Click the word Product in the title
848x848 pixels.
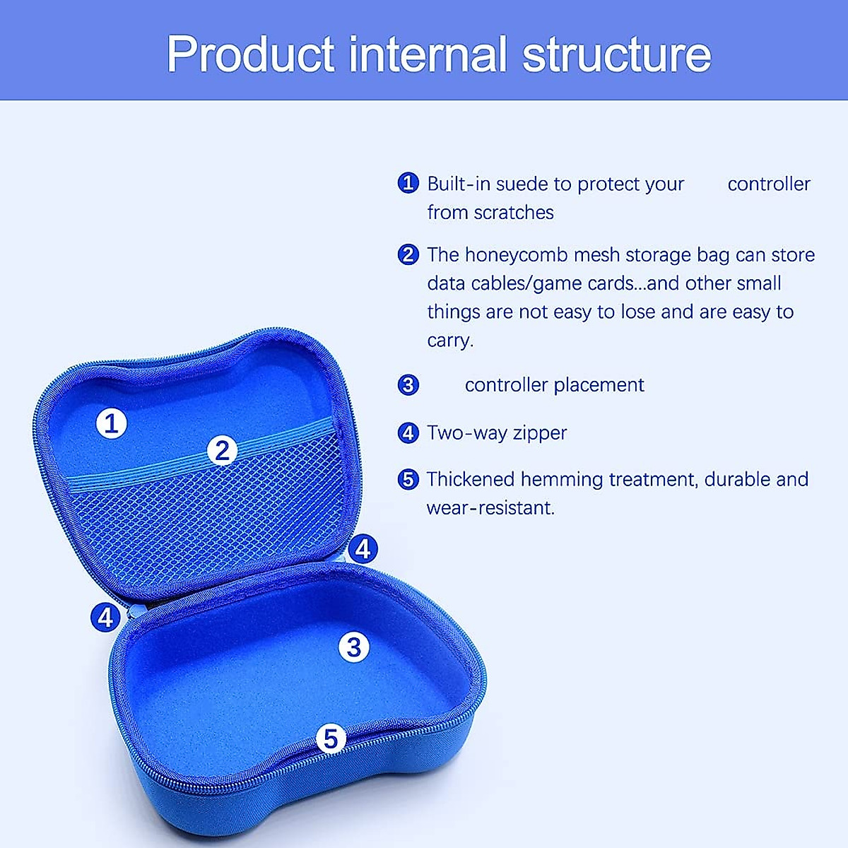tap(250, 54)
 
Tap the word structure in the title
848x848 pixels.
tap(616, 54)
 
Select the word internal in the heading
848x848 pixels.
tap(428, 54)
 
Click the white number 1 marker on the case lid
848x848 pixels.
tap(111, 423)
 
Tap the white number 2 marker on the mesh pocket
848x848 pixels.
tap(223, 450)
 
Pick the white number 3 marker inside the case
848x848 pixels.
tap(354, 647)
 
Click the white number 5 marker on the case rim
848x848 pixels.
tap(331, 739)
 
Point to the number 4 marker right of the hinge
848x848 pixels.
tap(363, 548)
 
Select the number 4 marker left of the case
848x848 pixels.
tap(105, 618)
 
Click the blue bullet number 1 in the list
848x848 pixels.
tap(408, 183)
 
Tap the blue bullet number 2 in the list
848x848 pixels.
tap(408, 254)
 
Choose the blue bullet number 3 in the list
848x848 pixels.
tap(408, 385)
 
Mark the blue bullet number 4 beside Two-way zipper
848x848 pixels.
tap(408, 432)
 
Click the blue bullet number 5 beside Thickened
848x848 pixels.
tap(408, 479)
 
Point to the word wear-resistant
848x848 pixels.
tap(490, 507)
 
